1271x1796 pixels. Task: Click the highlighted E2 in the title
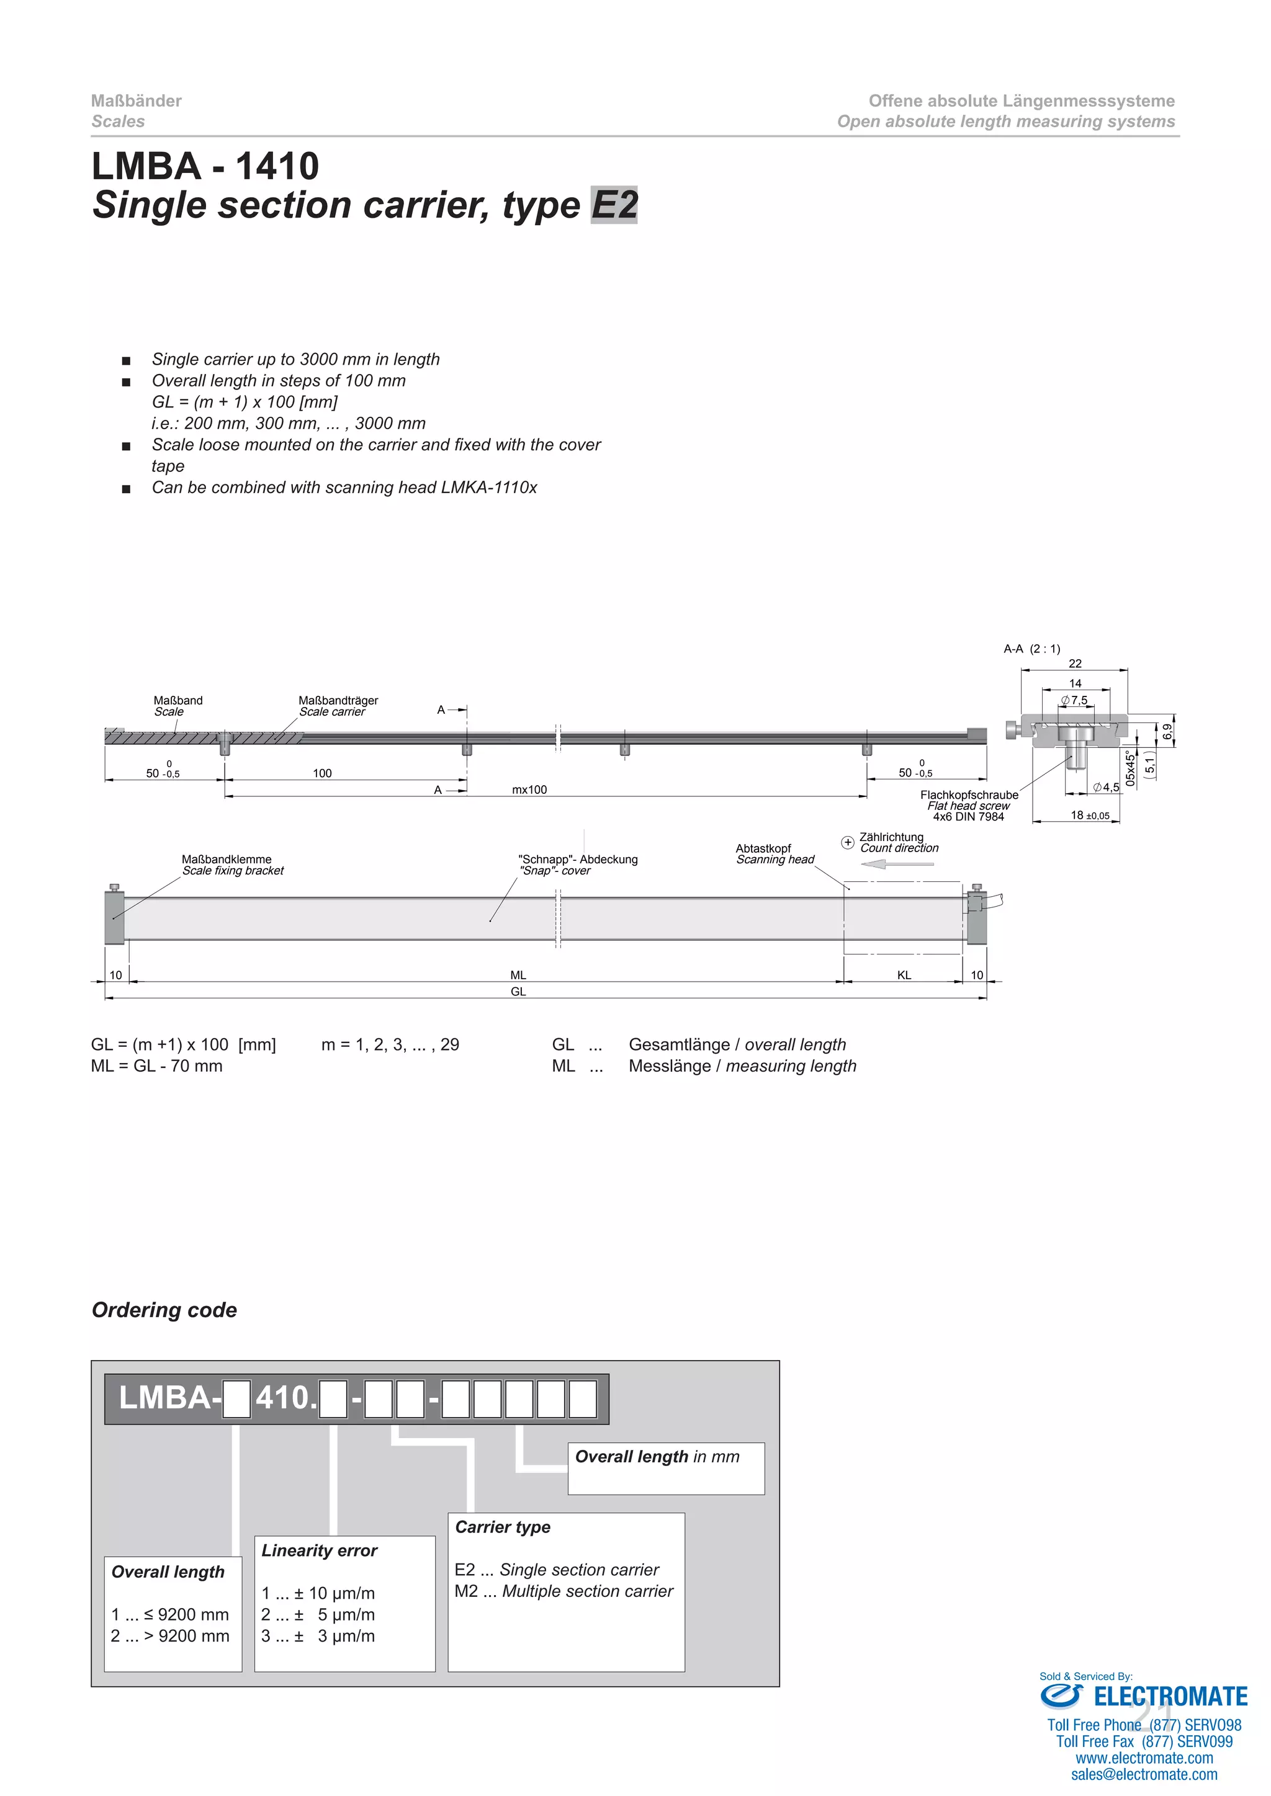[614, 205]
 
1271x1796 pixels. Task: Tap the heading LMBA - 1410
[205, 166]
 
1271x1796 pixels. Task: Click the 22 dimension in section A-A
[1074, 664]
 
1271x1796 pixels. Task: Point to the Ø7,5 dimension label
[1074, 700]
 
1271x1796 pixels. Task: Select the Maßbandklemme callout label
[227, 860]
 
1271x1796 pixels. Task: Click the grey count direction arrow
[897, 864]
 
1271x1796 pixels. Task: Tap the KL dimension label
[904, 976]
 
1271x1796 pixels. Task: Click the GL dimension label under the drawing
[518, 992]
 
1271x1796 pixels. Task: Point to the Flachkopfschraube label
[969, 795]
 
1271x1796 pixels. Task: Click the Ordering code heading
[164, 1310]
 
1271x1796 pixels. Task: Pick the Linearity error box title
[320, 1550]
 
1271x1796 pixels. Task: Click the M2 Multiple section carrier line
[564, 1591]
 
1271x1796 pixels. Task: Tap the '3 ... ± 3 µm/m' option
[318, 1635]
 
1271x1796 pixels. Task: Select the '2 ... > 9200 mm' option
[170, 1635]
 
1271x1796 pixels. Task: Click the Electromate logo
[1143, 1696]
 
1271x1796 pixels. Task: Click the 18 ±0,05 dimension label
[1089, 815]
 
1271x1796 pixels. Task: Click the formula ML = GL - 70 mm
[156, 1066]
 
